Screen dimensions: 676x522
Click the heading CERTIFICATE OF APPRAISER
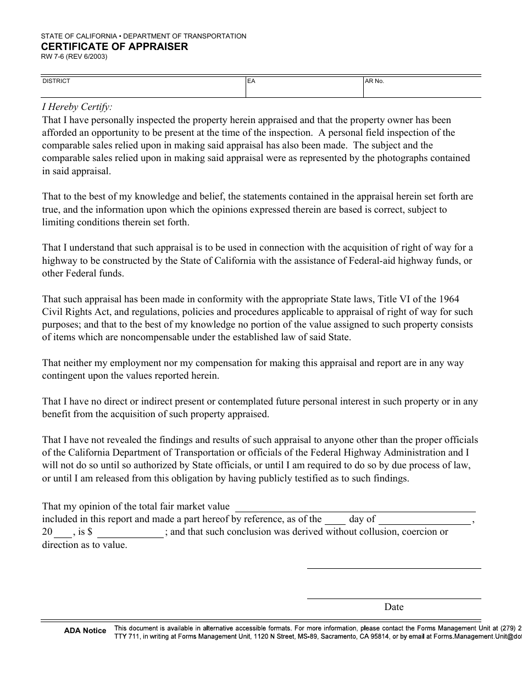pyautogui.click(x=114, y=47)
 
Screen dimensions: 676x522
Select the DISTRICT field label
pyautogui.click(x=57, y=81)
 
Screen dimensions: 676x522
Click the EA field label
pyautogui.click(x=251, y=81)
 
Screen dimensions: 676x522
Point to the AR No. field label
pyautogui.click(x=375, y=81)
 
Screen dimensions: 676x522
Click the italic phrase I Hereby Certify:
pyautogui.click(x=77, y=107)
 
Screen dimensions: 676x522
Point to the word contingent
pyautogui.click(x=64, y=376)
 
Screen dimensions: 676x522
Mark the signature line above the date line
pyautogui.click(x=393, y=567)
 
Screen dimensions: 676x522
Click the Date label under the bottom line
pyautogui.click(x=394, y=607)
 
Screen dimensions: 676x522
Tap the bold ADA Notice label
pyautogui.click(x=85, y=631)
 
